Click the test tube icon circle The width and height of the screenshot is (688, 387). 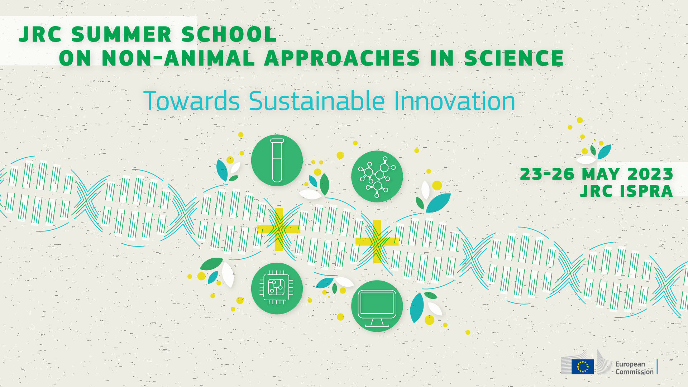277,160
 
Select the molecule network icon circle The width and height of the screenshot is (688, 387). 377,176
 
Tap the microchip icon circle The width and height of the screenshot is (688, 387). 277,288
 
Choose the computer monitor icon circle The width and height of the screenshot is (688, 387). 377,306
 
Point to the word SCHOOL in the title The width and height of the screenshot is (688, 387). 229,35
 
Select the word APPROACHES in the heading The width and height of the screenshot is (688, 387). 342,58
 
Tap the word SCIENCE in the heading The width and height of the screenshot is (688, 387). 514,58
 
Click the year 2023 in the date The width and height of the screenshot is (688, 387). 650,174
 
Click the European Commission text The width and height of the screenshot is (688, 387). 634,368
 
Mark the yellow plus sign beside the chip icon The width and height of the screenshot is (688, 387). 279,229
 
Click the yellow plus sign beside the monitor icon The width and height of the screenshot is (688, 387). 377,242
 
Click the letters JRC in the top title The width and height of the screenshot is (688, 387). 40,35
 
